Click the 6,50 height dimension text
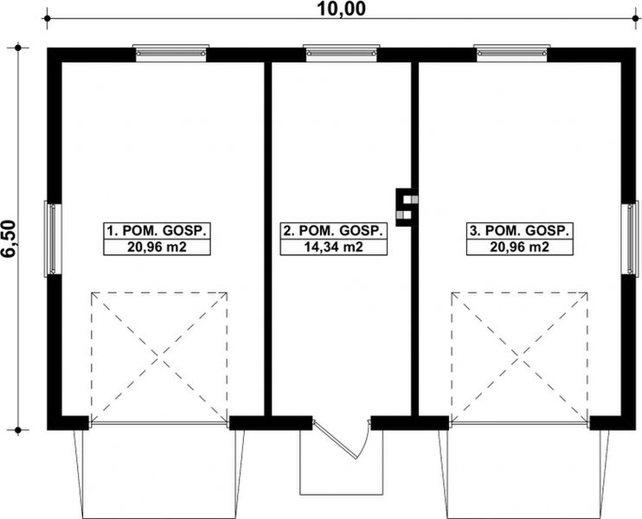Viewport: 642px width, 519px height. [11, 237]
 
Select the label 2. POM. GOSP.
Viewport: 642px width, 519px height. [333, 231]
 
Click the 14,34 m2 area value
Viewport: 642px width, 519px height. [333, 247]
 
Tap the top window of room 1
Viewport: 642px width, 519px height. [171, 53]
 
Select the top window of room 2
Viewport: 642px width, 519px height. [337, 53]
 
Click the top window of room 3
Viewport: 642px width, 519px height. [512, 53]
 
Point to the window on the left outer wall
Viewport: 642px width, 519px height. [52, 240]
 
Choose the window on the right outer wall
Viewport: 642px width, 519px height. [632, 240]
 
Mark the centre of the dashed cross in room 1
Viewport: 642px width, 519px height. [159, 356]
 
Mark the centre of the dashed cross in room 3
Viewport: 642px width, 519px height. [519, 356]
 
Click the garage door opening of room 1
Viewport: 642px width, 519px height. [159, 424]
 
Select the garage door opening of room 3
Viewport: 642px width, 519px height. [519, 424]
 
